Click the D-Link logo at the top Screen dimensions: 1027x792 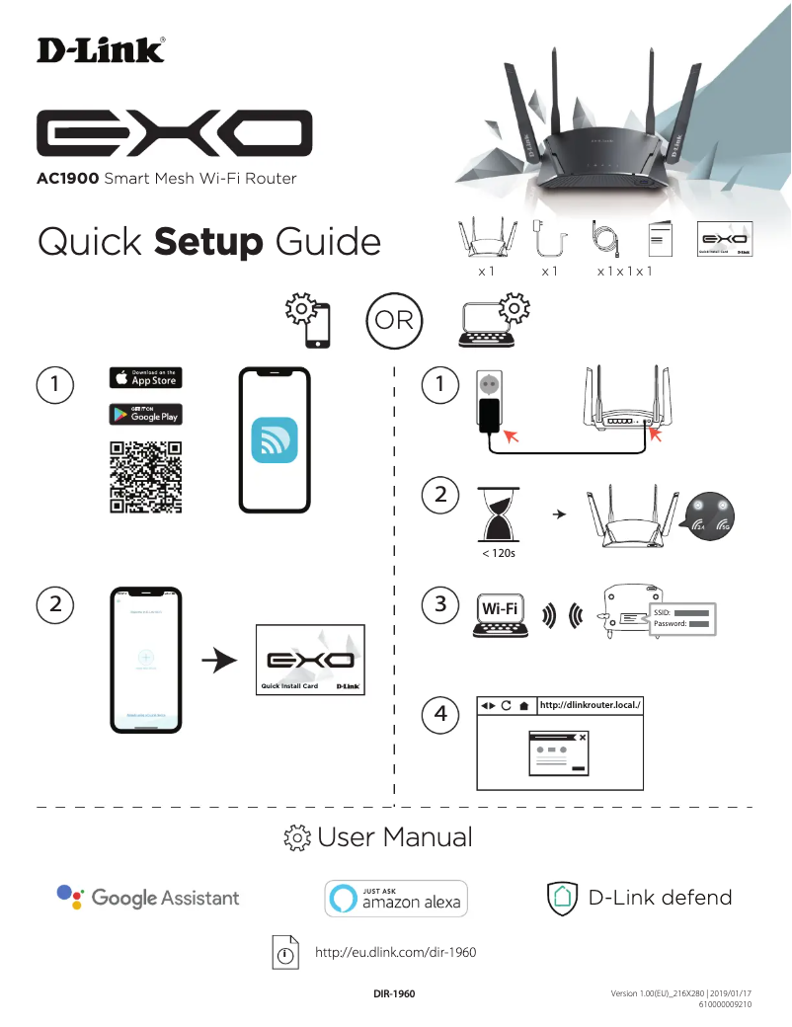tap(101, 50)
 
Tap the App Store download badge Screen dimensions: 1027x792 tap(145, 377)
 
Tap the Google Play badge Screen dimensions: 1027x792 tap(145, 414)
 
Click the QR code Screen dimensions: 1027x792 tap(145, 478)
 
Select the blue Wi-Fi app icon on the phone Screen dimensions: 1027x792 tap(275, 439)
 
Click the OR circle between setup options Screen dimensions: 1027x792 tap(395, 321)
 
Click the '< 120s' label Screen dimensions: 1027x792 tap(498, 553)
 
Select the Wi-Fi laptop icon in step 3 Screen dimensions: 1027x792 tap(499, 614)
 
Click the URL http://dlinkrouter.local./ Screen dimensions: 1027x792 tap(591, 705)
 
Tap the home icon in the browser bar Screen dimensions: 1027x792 tap(523, 706)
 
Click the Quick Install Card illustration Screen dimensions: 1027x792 tap(310, 660)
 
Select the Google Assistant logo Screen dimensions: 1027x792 tap(148, 898)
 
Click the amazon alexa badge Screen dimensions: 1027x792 tap(396, 899)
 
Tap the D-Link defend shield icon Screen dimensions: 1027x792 tap(562, 898)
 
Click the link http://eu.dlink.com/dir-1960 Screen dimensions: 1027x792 tap(395, 953)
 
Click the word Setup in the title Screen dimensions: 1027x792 tap(208, 242)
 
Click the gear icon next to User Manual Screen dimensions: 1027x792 tap(297, 838)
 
